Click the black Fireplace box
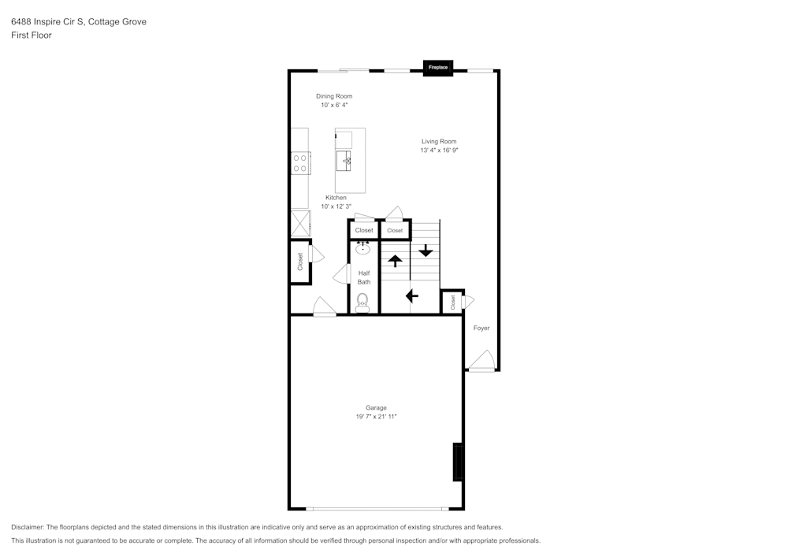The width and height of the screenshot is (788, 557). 438,69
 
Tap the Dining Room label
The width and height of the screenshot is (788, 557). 334,96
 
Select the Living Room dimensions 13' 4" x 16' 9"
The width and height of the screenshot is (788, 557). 439,150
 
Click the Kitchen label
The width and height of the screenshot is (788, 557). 336,198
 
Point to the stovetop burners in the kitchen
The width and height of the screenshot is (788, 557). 300,163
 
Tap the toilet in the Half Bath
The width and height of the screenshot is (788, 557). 362,302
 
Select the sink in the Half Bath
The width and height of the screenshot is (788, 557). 363,249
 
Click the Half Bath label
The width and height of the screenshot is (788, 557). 364,277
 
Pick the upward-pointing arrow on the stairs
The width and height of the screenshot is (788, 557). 395,261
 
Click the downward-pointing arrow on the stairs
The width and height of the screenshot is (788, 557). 426,251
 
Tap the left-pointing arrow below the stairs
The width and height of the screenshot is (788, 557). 411,296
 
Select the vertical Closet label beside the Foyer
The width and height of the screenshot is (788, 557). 453,302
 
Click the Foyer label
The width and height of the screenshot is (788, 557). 481,328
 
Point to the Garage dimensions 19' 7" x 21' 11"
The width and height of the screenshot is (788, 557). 376,416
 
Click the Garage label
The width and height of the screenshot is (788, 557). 376,407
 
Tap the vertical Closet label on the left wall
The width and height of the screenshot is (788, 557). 300,262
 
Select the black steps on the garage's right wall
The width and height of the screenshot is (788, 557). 457,462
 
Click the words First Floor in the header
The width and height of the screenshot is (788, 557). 32,35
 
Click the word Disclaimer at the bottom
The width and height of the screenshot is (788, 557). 28,527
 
